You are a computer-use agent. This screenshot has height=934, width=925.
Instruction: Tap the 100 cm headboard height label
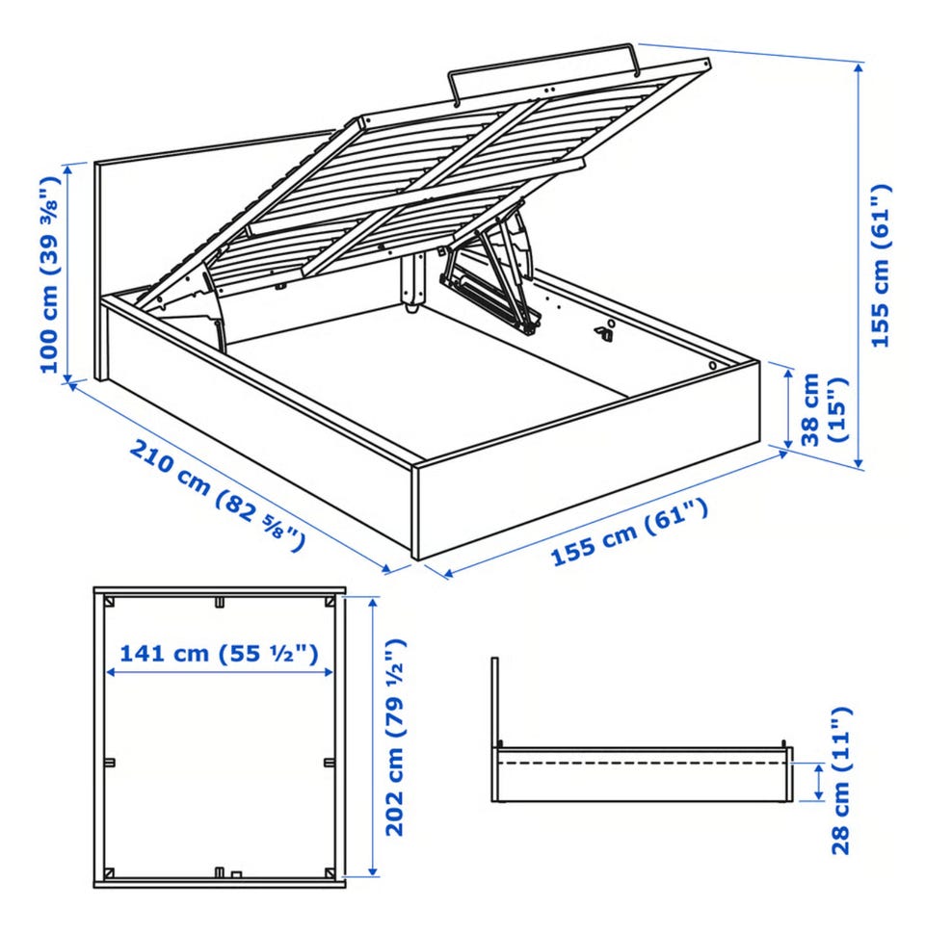pyautogui.click(x=50, y=274)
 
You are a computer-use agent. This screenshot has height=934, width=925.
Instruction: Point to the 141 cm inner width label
pyautogui.click(x=219, y=654)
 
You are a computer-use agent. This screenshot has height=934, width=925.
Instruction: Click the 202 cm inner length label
pyautogui.click(x=394, y=738)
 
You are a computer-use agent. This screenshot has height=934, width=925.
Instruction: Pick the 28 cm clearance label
pyautogui.click(x=840, y=781)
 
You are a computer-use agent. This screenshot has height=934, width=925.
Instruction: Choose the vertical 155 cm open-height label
pyautogui.click(x=881, y=266)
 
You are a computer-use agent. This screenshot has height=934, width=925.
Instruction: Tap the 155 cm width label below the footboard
pyautogui.click(x=630, y=532)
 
